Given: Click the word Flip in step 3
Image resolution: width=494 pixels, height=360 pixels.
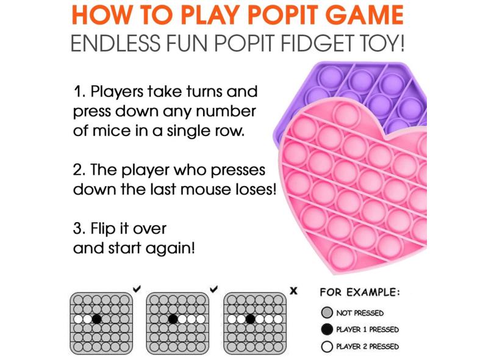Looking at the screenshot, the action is click(x=101, y=229).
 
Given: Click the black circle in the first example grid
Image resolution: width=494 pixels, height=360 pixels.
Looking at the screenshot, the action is click(x=97, y=319).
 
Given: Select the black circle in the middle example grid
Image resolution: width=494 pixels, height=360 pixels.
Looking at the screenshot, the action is click(x=173, y=319).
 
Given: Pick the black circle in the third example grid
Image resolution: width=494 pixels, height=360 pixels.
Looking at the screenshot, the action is click(x=250, y=319).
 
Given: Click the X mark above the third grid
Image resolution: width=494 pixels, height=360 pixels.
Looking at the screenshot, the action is click(x=293, y=290).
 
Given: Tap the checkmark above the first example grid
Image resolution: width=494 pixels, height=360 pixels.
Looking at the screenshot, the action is click(x=137, y=289).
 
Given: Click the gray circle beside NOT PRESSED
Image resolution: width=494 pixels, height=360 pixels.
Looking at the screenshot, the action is click(x=327, y=313).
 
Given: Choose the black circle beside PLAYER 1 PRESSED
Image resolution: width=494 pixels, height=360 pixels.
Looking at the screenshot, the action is click(x=327, y=329).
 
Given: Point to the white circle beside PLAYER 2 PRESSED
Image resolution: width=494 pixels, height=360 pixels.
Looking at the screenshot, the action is click(x=327, y=347).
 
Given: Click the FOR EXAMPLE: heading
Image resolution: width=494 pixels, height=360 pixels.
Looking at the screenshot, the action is click(x=359, y=292).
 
